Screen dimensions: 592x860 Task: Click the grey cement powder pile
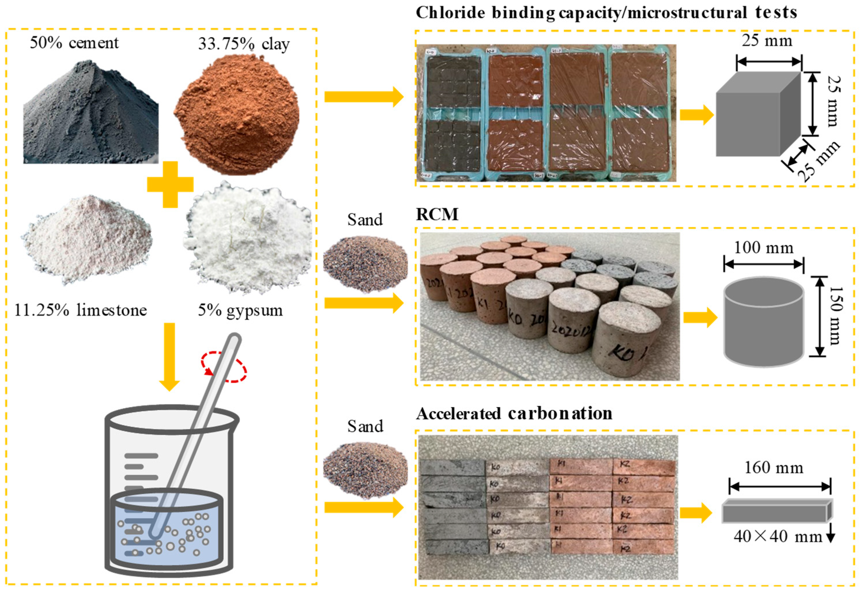coord(91,119)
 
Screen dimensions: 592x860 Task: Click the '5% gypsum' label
coord(240,310)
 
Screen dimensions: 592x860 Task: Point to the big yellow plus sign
coord(170,184)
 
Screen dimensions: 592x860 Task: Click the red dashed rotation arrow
coord(224,367)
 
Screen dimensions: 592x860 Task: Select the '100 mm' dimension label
coord(763,248)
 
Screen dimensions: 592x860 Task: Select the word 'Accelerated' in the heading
coord(459,414)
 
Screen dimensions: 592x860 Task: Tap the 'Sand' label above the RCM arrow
coord(365,220)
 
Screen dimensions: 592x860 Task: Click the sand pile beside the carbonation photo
coord(365,469)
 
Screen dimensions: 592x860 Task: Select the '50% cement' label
coord(74,43)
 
